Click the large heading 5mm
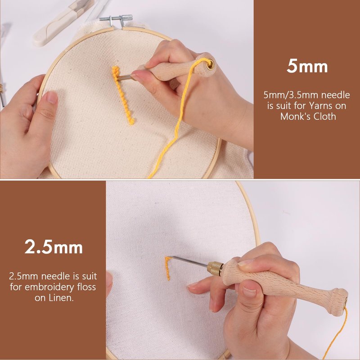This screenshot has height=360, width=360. coord(307,66)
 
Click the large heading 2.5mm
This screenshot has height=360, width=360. coord(54,247)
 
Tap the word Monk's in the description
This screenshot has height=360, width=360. coord(296,117)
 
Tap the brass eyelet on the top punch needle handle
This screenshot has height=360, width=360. coord(211,65)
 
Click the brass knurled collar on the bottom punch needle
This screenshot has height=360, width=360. coord(215,268)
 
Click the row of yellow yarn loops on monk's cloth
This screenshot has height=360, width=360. coord(122,94)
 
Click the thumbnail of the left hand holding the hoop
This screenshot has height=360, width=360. coord(53,97)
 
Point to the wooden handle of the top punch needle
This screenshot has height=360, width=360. coord(177,68)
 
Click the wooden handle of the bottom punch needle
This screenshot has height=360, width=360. coord(285,287)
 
